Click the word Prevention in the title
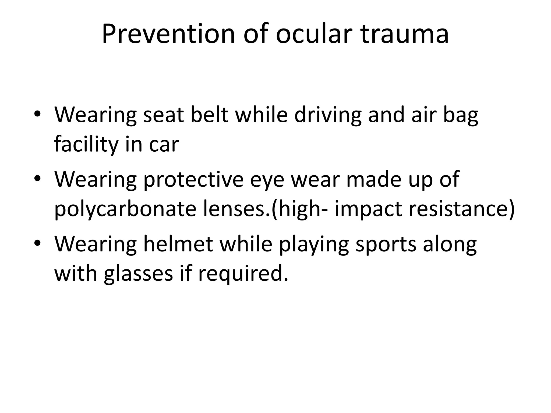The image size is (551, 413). point(168,34)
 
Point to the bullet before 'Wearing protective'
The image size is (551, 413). point(37,179)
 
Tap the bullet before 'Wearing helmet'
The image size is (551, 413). point(37,243)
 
